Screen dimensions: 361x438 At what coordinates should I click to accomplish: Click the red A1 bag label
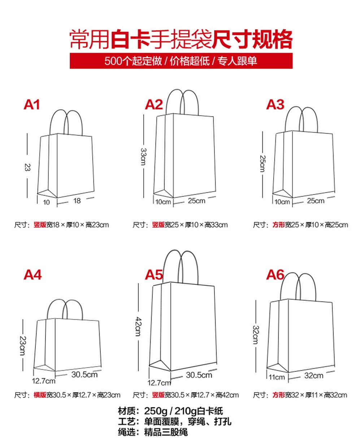click(31, 105)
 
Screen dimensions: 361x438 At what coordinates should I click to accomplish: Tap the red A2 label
click(154, 105)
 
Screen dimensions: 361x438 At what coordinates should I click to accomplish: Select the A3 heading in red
click(275, 105)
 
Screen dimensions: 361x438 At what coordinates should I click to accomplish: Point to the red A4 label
click(32, 275)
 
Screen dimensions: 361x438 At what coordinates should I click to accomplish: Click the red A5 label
click(154, 275)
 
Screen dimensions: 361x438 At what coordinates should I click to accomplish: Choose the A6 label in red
click(275, 275)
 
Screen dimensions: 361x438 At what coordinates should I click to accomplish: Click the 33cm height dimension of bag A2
click(144, 157)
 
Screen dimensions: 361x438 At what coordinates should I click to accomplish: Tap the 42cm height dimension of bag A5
click(139, 327)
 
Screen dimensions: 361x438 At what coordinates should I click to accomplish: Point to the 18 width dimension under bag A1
click(77, 201)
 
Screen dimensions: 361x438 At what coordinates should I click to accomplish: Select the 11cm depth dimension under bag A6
click(277, 377)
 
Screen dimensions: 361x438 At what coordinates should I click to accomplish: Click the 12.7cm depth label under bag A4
click(43, 381)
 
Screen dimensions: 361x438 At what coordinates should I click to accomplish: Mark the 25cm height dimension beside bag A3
click(262, 164)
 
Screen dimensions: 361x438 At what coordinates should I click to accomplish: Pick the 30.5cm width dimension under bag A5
click(199, 375)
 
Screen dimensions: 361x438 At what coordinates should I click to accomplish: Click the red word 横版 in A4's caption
click(40, 395)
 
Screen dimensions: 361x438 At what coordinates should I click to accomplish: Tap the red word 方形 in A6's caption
click(279, 395)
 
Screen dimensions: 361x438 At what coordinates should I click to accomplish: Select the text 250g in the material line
click(156, 411)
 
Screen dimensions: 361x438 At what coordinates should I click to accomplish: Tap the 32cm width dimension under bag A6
click(314, 376)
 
